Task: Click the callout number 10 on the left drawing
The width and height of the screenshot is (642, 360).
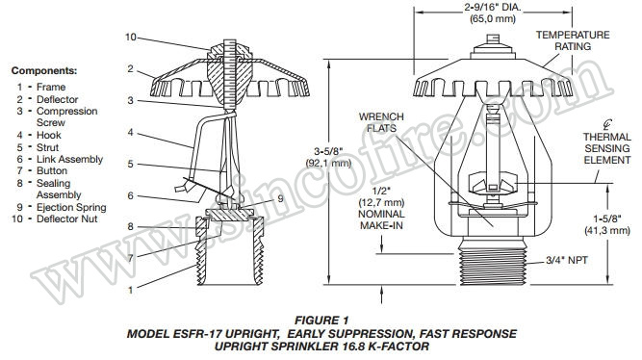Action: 132,38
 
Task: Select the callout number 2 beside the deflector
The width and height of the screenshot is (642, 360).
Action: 128,69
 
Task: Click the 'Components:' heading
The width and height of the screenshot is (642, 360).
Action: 44,71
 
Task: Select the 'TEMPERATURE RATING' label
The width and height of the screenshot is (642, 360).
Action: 573,39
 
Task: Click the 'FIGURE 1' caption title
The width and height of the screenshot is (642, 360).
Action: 321,319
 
